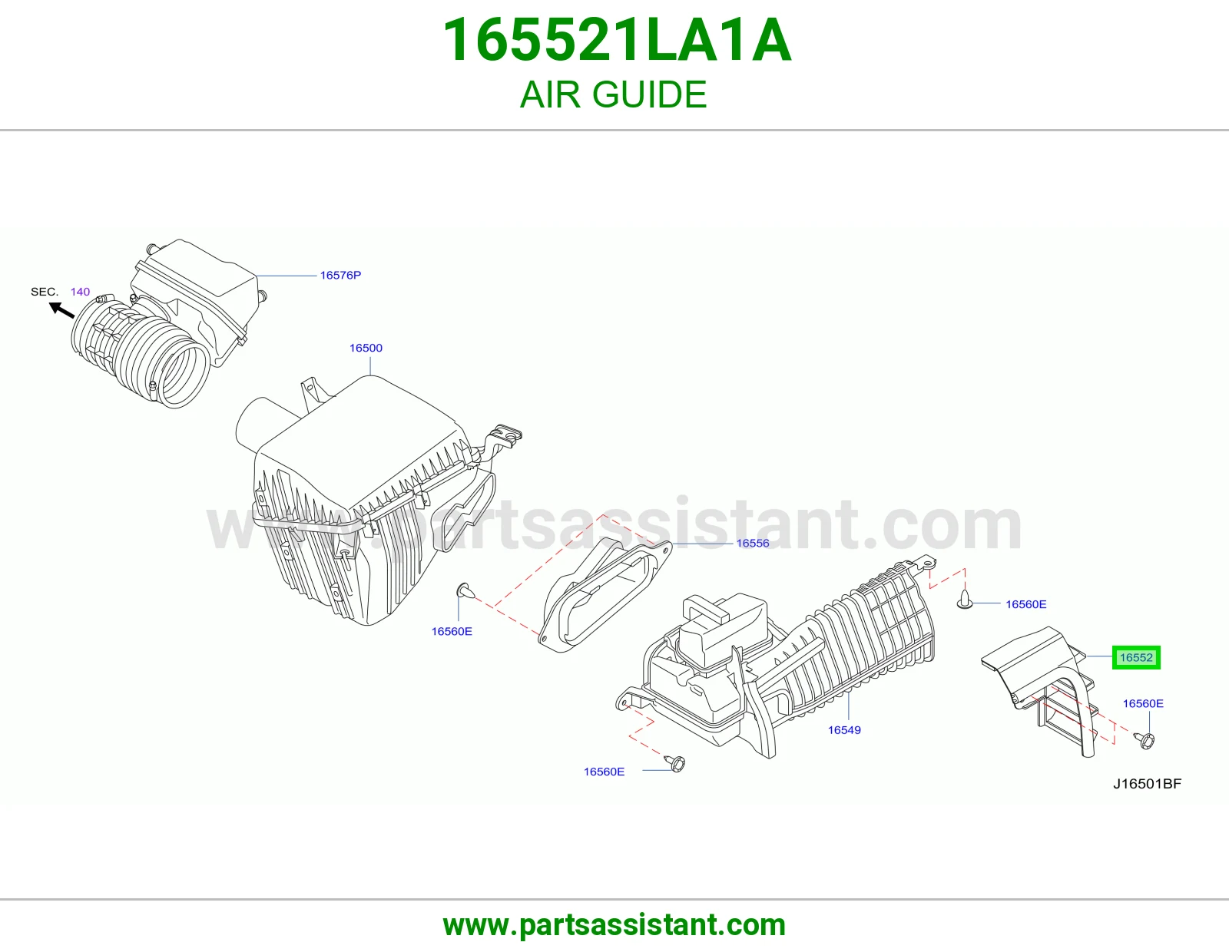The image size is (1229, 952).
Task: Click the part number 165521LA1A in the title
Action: point(617,40)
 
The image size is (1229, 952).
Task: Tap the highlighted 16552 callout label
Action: point(1136,657)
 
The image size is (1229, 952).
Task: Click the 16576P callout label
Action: point(340,276)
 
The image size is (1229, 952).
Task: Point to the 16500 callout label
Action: point(366,349)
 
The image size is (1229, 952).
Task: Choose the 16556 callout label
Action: point(753,544)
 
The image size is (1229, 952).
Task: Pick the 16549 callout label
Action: point(844,730)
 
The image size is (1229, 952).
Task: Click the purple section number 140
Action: point(81,292)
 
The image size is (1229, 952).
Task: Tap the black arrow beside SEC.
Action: point(61,310)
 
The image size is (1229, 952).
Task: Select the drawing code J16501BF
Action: point(1148,784)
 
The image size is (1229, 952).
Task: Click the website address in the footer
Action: point(614,925)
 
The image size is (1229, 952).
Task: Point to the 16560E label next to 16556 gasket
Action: point(452,631)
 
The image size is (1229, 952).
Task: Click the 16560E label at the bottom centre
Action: point(604,772)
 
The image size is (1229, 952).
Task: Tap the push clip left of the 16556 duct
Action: point(465,590)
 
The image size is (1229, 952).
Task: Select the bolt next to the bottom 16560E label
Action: point(675,763)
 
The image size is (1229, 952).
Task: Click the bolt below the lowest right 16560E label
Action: point(1145,740)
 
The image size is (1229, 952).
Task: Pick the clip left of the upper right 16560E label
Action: point(964,600)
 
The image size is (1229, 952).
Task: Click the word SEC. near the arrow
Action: point(45,292)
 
